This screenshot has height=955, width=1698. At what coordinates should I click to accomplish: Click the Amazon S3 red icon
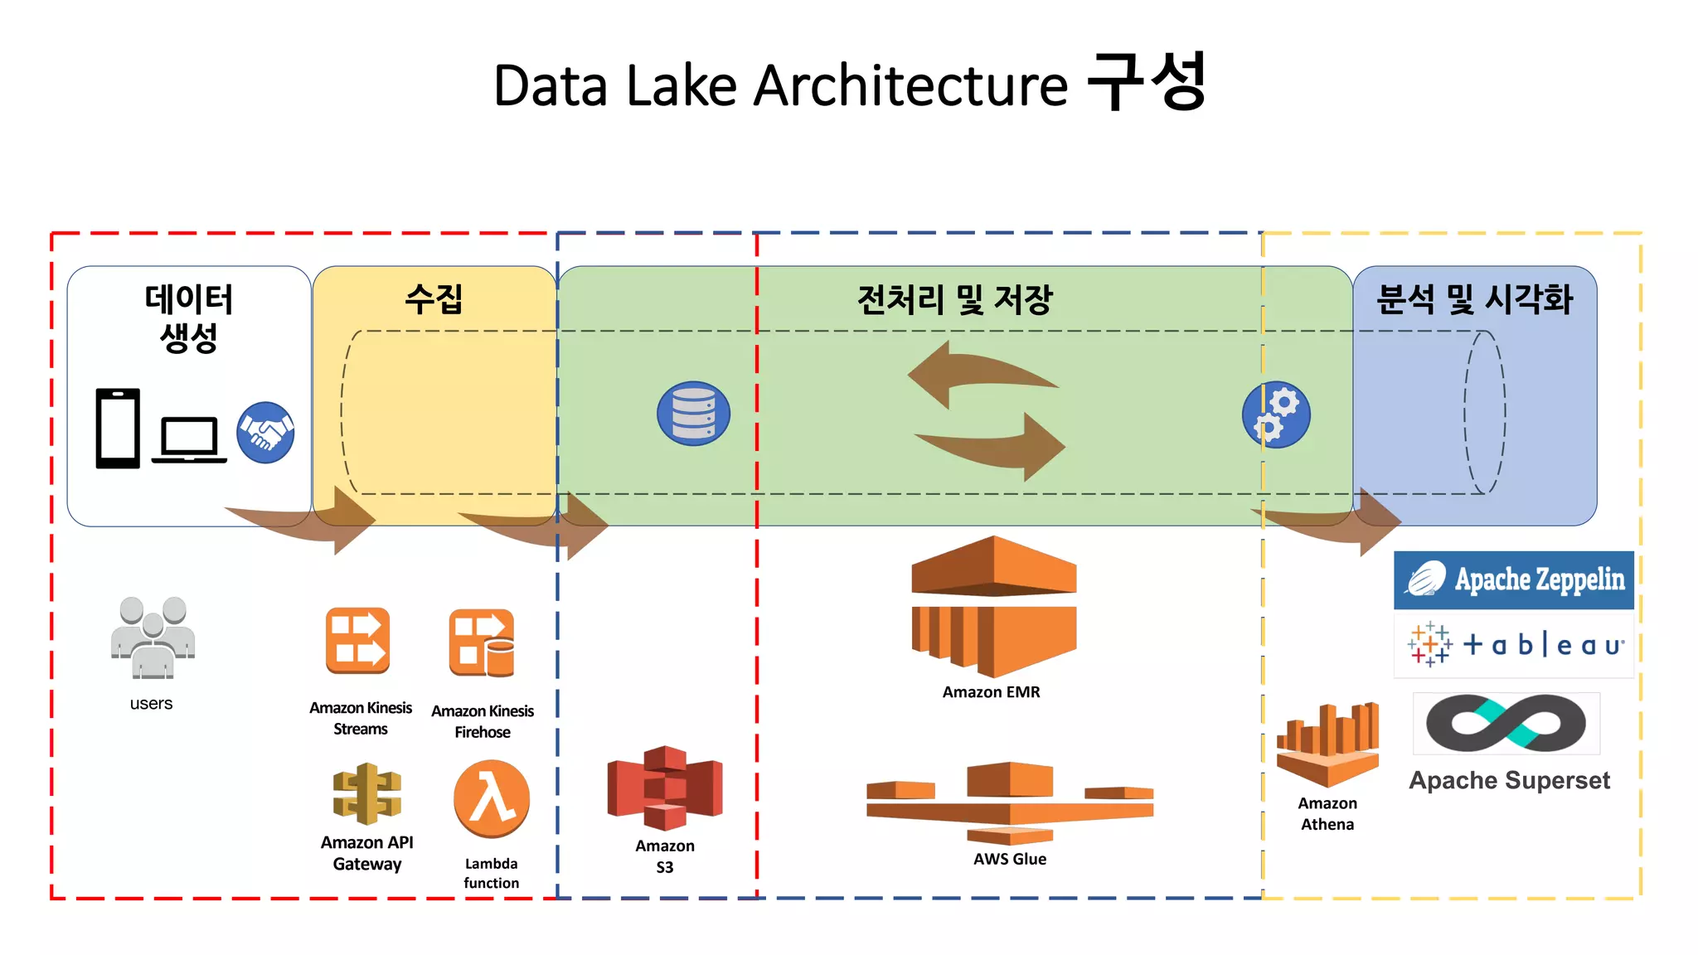[665, 788]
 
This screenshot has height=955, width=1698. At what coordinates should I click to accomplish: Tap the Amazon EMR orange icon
[993, 606]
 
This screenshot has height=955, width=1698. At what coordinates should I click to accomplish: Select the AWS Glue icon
[1010, 802]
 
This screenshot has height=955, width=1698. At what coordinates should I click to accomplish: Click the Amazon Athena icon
[1327, 744]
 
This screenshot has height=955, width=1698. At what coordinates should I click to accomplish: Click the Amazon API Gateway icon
[367, 794]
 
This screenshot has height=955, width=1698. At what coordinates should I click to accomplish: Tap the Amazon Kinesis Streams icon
[358, 641]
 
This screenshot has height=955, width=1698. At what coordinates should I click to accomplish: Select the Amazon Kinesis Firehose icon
[482, 644]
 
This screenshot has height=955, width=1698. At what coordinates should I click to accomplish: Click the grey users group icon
[153, 637]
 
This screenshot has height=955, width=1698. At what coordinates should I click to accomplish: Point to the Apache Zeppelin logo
[1514, 579]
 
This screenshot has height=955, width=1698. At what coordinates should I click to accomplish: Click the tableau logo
[1514, 645]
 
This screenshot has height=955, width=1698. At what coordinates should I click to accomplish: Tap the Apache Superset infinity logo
[1506, 723]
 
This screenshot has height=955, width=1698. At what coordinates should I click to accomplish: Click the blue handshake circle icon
[265, 432]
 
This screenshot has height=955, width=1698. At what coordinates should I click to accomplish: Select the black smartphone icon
[118, 428]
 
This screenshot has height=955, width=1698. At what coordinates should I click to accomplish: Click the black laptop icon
[189, 439]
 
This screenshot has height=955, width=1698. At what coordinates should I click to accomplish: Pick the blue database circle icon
[693, 414]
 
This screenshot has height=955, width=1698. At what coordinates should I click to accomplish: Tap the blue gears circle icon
[1276, 414]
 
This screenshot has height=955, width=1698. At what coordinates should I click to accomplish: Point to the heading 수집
[434, 298]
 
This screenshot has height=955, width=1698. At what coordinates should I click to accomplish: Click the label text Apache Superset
[1509, 780]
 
